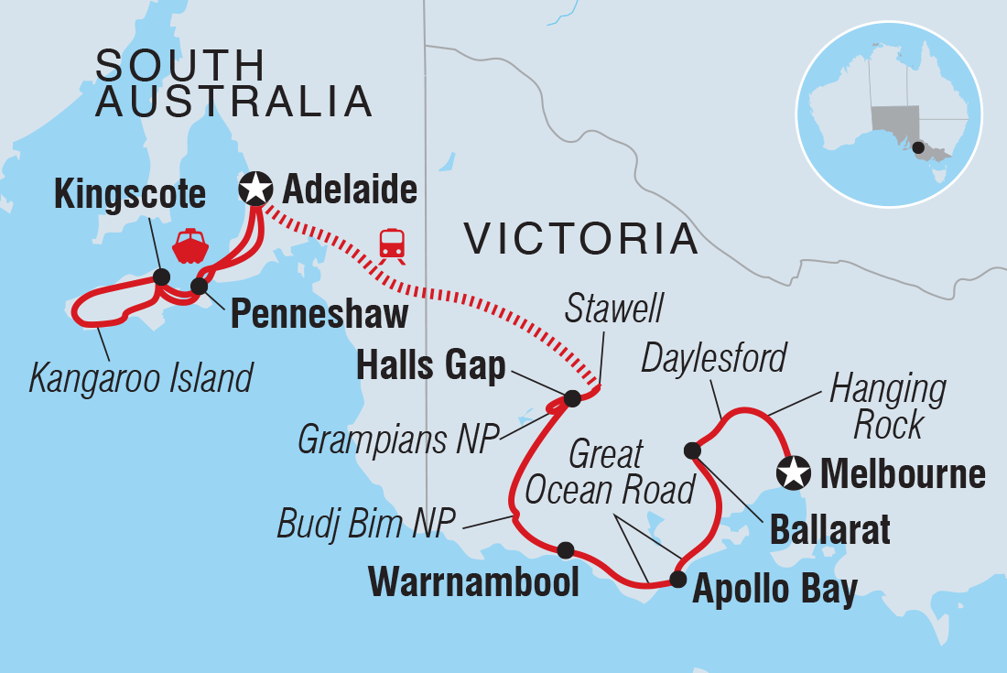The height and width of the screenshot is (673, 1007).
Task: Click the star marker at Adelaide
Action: coord(254,190)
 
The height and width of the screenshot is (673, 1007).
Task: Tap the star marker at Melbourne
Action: coord(793,473)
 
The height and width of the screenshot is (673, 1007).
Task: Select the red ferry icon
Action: coord(190,245)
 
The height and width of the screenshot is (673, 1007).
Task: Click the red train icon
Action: coord(393,244)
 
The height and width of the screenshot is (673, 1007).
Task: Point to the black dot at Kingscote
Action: coord(162,277)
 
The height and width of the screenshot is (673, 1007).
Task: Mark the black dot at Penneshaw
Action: coord(199,287)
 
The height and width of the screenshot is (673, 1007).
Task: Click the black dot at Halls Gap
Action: coord(572,398)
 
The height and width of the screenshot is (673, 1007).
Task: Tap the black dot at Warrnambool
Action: coord(566,550)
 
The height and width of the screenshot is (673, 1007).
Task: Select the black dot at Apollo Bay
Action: coord(677,579)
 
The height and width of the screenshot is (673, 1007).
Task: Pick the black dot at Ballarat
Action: coord(693,450)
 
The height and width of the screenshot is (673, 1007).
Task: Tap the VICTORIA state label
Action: coord(581,240)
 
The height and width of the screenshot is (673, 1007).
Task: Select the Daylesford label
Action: coord(714,358)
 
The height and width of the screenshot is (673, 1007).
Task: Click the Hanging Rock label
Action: coord(887,406)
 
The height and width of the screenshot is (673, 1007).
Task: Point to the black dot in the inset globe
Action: coord(918,147)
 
